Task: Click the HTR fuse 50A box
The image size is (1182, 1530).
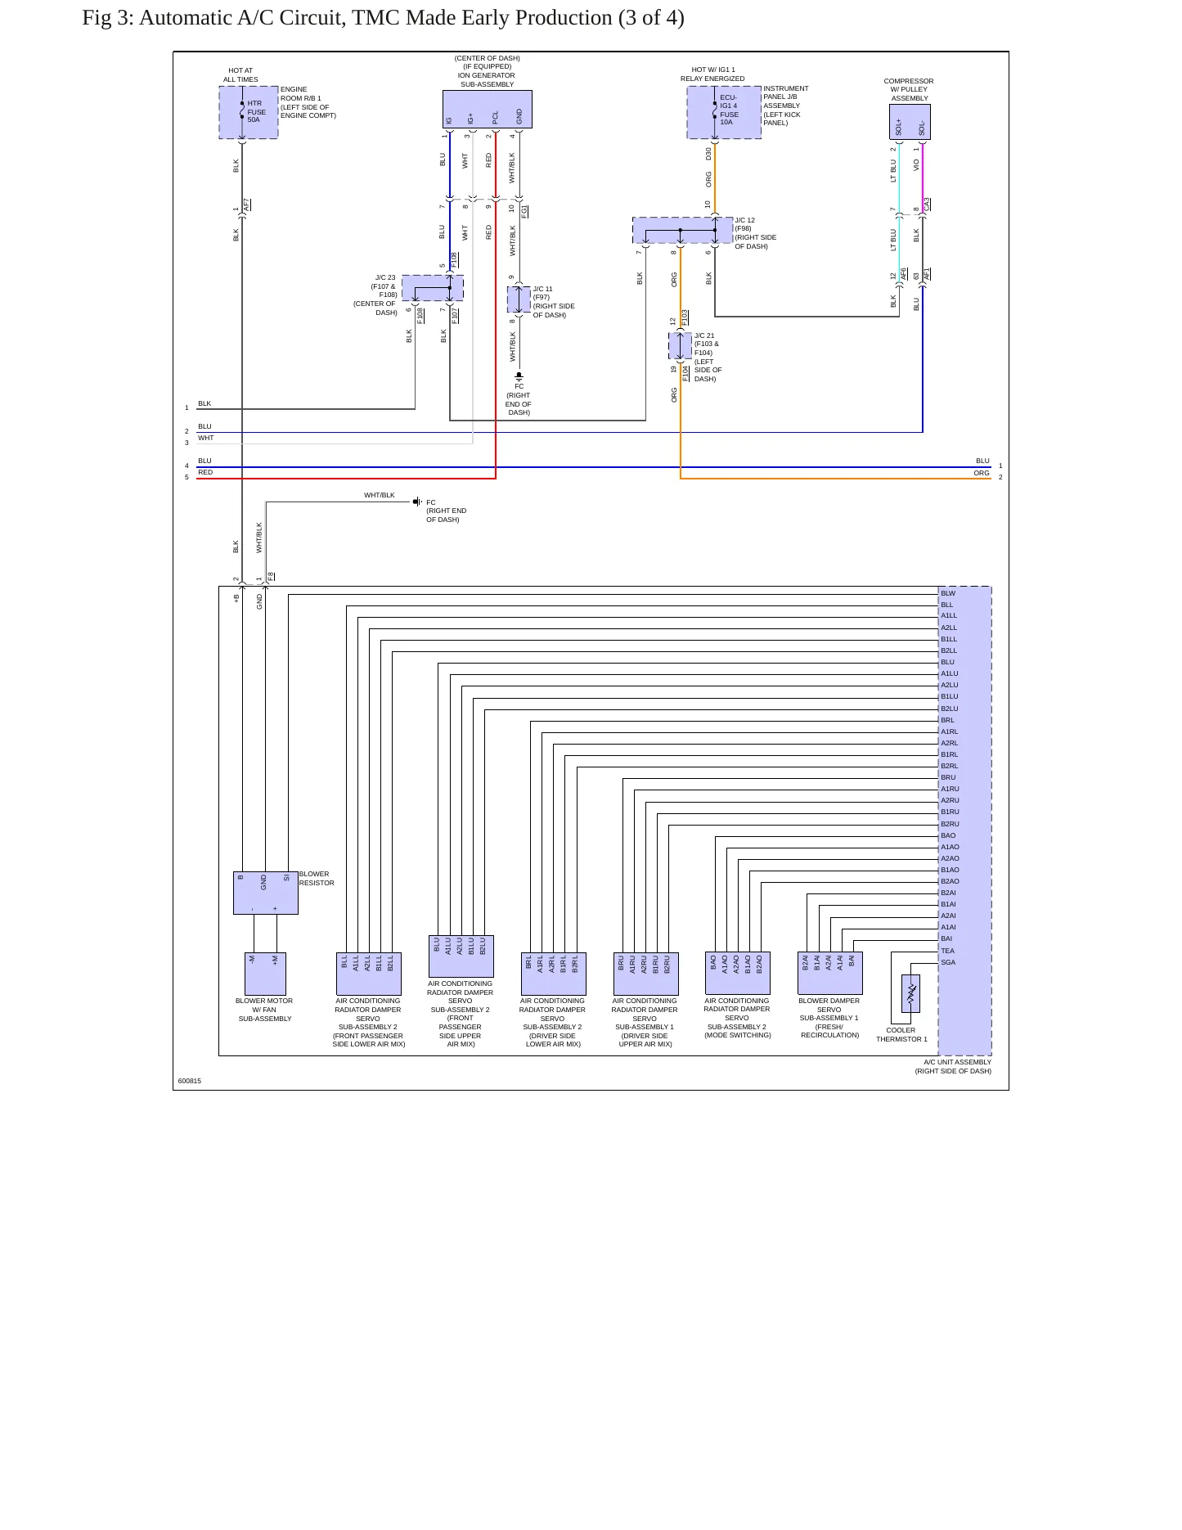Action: click(249, 112)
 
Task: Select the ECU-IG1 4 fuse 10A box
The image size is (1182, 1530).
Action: click(724, 112)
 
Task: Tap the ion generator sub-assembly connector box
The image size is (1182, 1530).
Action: click(488, 109)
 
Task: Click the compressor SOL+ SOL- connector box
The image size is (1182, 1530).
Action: click(910, 122)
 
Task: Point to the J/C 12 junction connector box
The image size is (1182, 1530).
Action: click(683, 230)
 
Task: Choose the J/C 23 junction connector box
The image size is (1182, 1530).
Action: click(433, 288)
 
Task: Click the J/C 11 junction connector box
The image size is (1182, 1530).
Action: click(519, 299)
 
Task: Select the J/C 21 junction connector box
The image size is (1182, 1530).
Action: click(681, 345)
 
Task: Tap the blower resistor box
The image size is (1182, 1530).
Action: click(266, 893)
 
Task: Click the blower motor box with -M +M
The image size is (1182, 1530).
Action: click(265, 974)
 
